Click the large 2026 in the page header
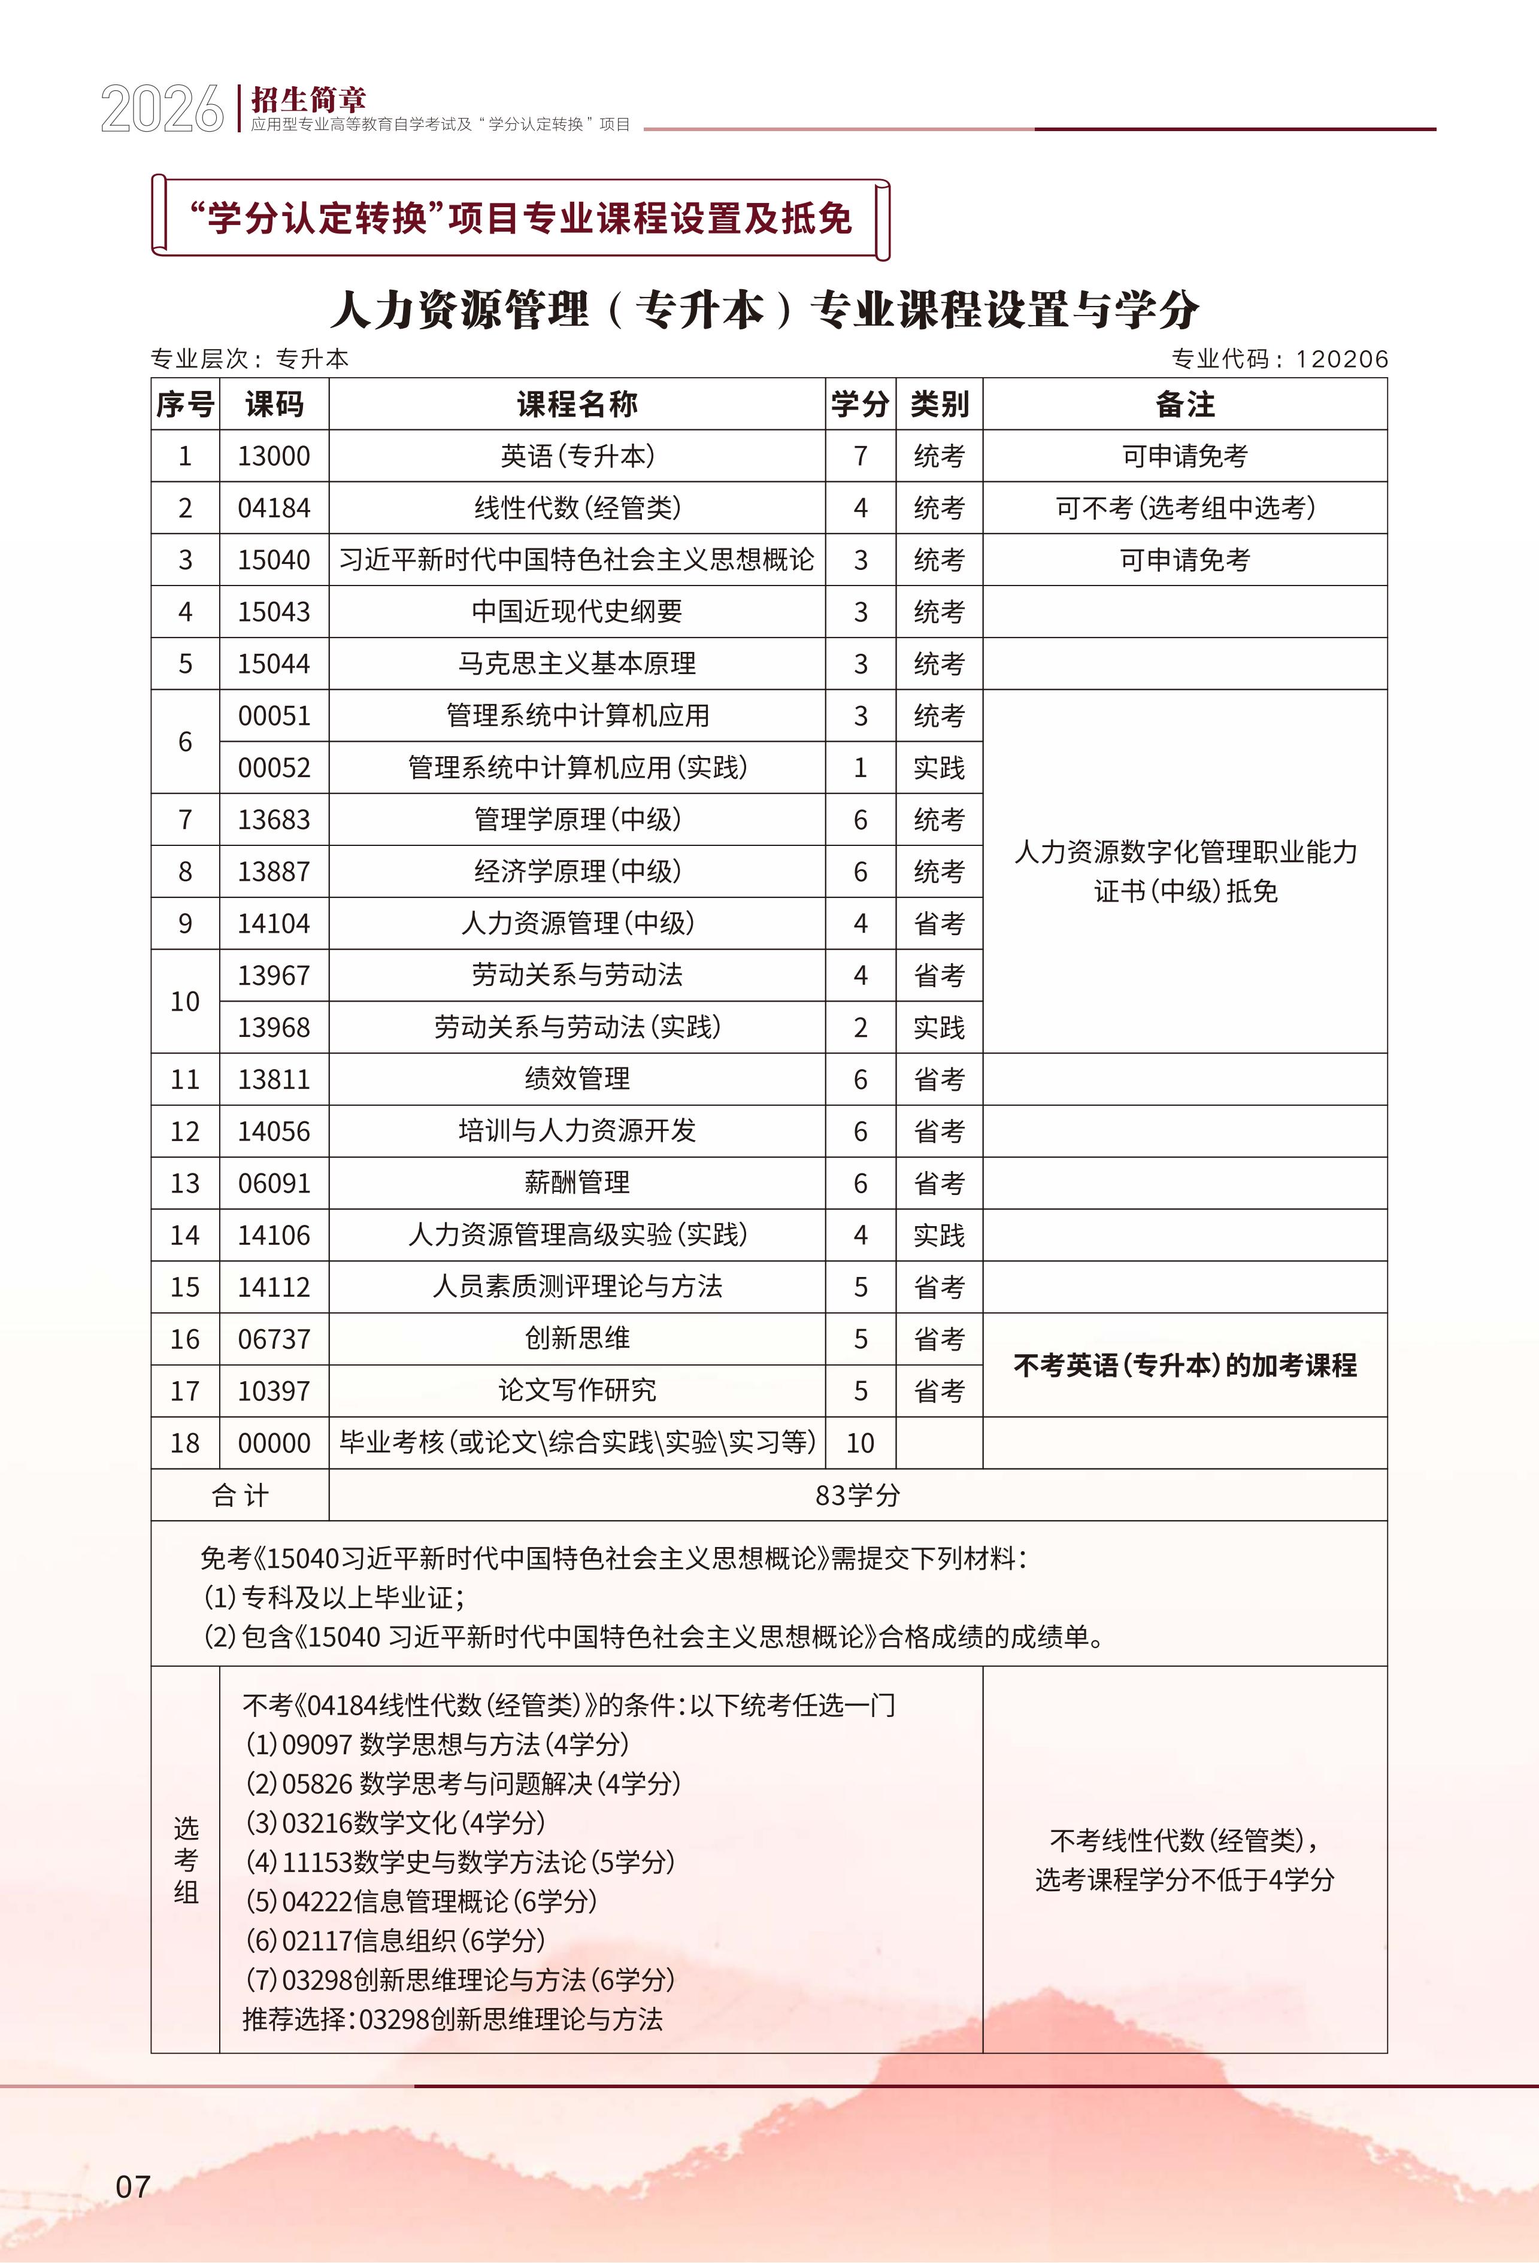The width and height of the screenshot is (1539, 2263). point(162,109)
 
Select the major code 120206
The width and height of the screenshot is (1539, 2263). point(1341,359)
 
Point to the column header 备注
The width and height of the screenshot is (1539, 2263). point(1184,404)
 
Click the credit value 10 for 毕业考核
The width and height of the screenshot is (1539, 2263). point(860,1443)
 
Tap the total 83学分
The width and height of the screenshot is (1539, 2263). point(857,1495)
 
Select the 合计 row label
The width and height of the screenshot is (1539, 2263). point(240,1495)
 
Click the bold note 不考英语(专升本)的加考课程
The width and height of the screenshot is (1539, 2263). point(1184,1365)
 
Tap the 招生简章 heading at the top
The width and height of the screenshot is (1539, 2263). point(308,99)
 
